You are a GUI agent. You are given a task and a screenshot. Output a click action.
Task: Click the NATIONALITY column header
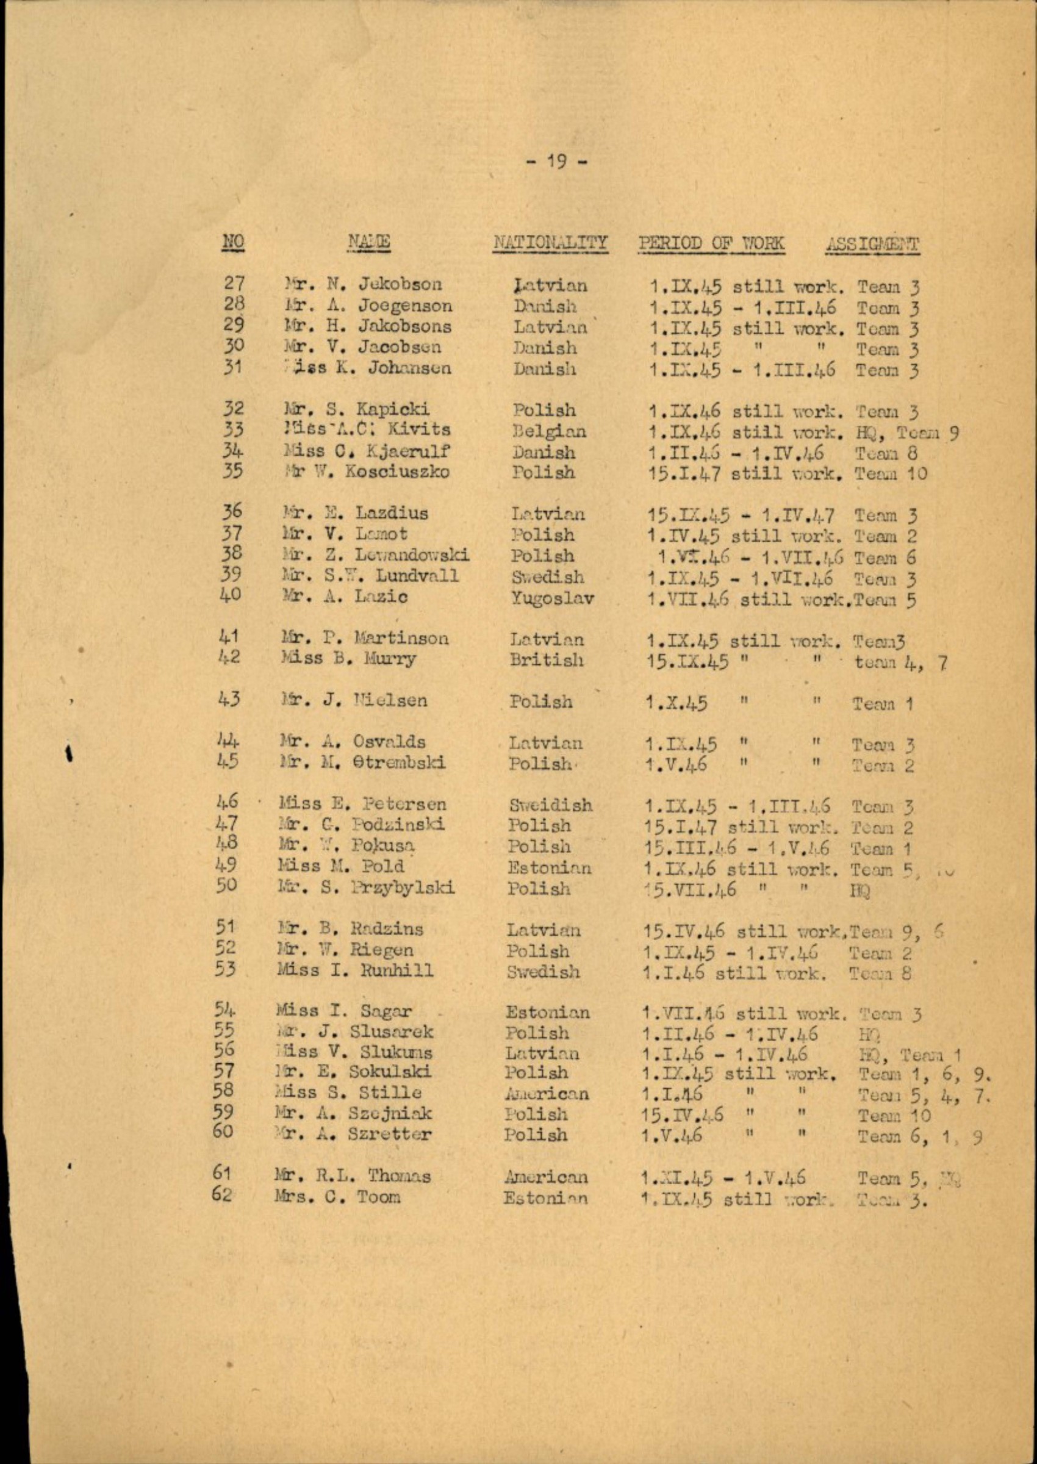coord(550,243)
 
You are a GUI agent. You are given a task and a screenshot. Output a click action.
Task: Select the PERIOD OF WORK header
coord(711,243)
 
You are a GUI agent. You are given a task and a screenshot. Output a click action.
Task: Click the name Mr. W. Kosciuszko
coord(367,473)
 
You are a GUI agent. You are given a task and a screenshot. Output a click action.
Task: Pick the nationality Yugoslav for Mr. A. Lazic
coord(551,598)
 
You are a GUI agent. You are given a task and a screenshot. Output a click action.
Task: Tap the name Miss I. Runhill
coord(355,971)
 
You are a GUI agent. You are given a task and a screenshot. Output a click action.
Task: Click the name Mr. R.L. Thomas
coord(354,1175)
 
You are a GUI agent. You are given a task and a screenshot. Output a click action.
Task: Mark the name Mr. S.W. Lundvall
coord(371,576)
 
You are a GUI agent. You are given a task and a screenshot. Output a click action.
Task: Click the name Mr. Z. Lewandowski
coord(377,555)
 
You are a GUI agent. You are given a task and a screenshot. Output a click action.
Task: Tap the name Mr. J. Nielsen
coord(355,700)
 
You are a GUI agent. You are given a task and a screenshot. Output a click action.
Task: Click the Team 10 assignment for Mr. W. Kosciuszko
coord(891,475)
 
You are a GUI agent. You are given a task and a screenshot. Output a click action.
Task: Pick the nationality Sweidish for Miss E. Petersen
coord(550,805)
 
